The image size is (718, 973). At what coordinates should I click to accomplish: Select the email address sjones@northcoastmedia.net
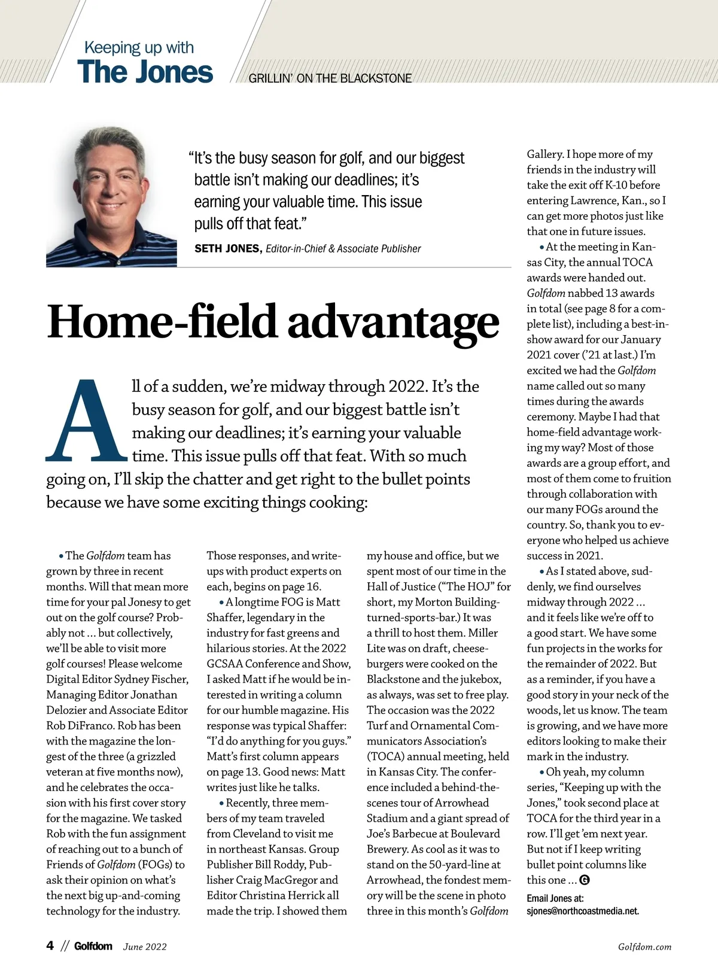point(583,911)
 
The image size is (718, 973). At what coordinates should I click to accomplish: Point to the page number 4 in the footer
point(50,945)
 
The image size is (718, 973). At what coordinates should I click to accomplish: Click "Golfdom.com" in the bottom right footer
point(644,947)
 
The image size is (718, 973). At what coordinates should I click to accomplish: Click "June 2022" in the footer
point(145,947)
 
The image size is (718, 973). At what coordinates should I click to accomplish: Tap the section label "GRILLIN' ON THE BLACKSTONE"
point(330,78)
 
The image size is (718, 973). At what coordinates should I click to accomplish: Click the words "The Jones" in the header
point(145,72)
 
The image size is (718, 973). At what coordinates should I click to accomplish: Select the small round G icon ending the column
point(585,880)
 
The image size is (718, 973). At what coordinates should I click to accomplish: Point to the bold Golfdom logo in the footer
point(93,946)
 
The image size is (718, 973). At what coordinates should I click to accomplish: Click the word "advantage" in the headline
point(393,322)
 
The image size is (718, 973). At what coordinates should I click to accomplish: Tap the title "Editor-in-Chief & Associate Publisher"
point(343,249)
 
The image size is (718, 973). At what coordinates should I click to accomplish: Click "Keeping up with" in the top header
point(139,47)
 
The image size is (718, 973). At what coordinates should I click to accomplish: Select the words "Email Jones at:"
point(555,898)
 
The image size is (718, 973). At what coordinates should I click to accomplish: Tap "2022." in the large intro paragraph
point(408,387)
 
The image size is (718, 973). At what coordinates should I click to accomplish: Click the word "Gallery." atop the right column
point(545,154)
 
